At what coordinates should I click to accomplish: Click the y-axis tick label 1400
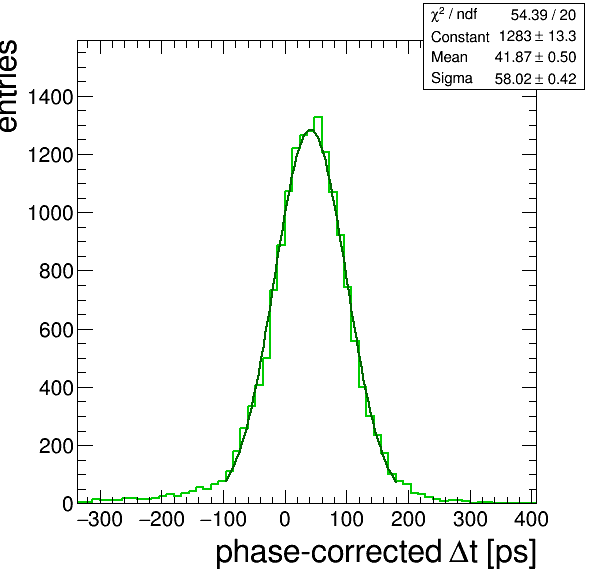click(x=50, y=97)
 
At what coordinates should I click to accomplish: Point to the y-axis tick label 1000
click(x=50, y=213)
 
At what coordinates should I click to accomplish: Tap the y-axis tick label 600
click(x=55, y=330)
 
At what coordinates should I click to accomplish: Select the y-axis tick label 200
click(x=55, y=446)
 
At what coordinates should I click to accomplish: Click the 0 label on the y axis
click(x=67, y=504)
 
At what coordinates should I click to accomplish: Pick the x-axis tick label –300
click(x=100, y=519)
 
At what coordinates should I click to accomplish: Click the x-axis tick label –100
click(x=223, y=519)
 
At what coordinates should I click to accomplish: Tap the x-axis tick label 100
click(x=346, y=519)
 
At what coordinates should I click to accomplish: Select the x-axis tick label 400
click(x=531, y=519)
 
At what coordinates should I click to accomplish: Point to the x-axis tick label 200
click(x=408, y=519)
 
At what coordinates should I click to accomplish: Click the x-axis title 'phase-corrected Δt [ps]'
click(x=376, y=553)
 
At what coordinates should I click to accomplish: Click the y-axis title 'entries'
click(x=8, y=86)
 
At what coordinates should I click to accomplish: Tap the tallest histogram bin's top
click(x=318, y=117)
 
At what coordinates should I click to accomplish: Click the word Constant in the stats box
click(x=460, y=37)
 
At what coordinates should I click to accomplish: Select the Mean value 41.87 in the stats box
click(x=512, y=57)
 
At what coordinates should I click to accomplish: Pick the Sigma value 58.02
click(x=512, y=79)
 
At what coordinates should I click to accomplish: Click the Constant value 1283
click(x=515, y=36)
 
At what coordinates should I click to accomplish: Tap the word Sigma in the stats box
click(x=452, y=79)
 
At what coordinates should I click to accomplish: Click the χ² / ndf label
click(x=454, y=15)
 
